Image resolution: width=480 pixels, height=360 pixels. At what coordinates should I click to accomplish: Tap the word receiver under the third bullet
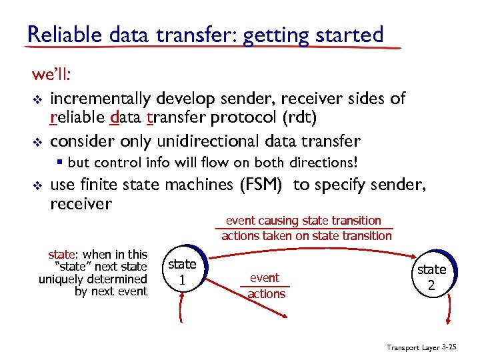coord(81,203)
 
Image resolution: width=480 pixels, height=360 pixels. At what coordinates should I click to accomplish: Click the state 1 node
coord(182,272)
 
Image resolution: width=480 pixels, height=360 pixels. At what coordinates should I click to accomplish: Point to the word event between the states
coord(265,277)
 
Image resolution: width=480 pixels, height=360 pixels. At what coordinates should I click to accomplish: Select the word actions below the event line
coord(266,294)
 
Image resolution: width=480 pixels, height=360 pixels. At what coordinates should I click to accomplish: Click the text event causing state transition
coord(303,220)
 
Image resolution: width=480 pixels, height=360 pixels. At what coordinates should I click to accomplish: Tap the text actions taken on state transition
coord(307,235)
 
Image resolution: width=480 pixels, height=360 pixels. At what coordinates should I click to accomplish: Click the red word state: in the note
coord(64,254)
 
